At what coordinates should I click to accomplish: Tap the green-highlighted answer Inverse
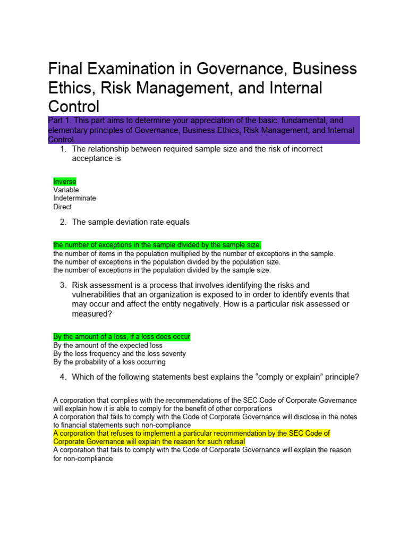pos(65,182)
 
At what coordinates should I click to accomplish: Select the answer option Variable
pos(66,190)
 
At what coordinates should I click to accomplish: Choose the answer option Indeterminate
pos(74,198)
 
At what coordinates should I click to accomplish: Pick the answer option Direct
pos(62,207)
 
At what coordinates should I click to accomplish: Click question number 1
pos(64,149)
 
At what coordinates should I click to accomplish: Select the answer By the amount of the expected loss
pos(108,345)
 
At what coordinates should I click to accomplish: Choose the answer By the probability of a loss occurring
pos(109,362)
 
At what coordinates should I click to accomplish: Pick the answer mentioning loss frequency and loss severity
pos(120,354)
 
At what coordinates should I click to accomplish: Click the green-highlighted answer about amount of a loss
pos(122,337)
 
